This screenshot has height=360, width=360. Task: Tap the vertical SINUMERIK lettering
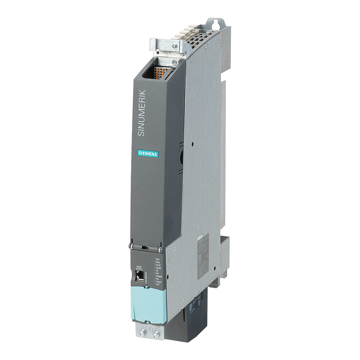click(142, 114)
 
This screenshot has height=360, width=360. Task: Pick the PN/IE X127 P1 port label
click(140, 267)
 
